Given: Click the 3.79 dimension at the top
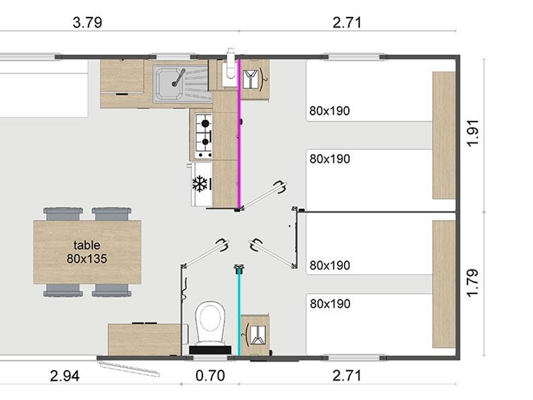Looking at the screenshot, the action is click(87, 22).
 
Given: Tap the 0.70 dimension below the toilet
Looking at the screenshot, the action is click(210, 376).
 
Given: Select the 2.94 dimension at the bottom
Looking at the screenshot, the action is click(65, 376).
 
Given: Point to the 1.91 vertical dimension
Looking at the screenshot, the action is click(473, 133).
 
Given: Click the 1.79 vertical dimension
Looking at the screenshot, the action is click(473, 283).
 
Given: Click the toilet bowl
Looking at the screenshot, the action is click(210, 322).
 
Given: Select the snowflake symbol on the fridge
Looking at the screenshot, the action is click(200, 184).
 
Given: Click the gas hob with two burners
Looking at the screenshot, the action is click(203, 136).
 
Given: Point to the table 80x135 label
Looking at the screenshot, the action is click(87, 252).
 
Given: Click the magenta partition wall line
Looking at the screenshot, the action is click(240, 134).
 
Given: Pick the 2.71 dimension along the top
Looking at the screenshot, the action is click(347, 22).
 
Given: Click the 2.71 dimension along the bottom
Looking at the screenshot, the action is click(347, 376).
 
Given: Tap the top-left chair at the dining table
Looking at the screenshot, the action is click(63, 214).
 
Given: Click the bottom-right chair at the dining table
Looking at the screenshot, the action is click(112, 290).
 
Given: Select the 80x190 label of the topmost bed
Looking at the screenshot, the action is click(330, 111).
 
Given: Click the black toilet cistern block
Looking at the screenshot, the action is click(210, 350).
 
